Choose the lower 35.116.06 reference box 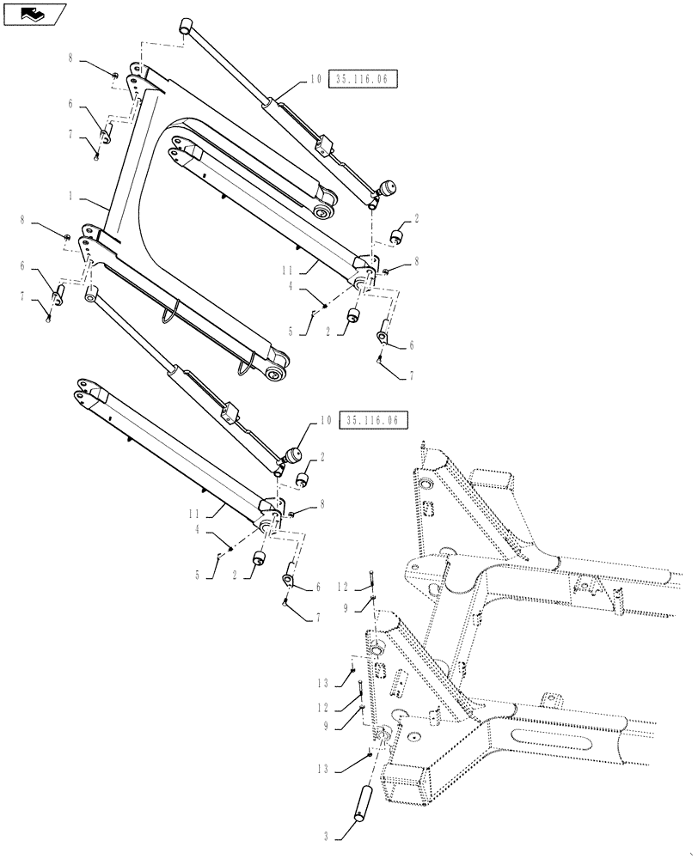tap(374, 420)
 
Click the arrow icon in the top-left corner tap(33, 13)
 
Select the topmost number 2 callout tap(416, 220)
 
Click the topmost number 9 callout tap(348, 606)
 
